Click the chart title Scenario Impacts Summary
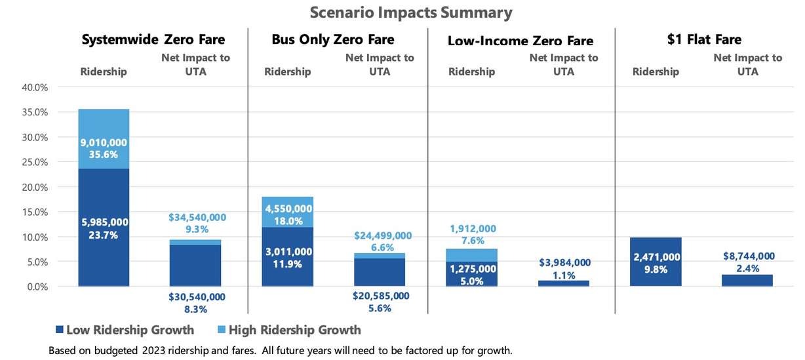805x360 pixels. click(402, 12)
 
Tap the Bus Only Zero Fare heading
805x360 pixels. click(333, 39)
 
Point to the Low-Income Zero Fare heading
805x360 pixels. click(520, 41)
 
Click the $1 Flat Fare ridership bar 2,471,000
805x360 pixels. click(656, 262)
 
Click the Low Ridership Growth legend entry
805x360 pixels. click(125, 330)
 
